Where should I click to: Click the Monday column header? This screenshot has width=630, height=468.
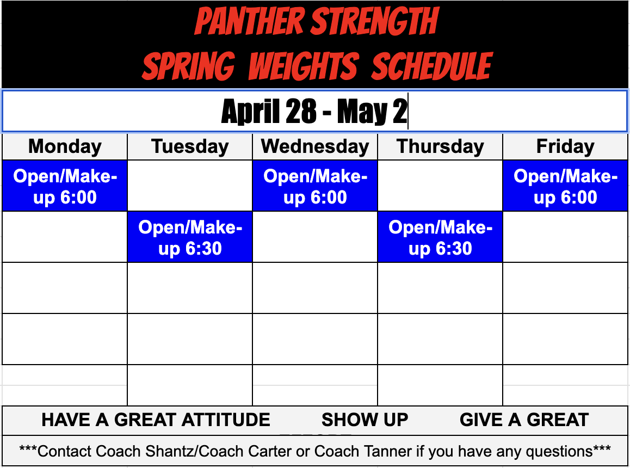65,146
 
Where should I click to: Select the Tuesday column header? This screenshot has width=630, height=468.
190,146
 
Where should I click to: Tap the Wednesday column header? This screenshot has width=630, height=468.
315,146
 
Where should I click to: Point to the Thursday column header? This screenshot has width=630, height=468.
440,146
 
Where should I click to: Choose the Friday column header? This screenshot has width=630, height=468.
565,146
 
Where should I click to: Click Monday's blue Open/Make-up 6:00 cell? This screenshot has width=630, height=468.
65,186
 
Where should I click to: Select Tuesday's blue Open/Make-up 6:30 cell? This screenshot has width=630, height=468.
190,237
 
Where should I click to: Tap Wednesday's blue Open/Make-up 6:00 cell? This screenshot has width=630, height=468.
315,186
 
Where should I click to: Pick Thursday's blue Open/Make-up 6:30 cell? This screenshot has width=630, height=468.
440,237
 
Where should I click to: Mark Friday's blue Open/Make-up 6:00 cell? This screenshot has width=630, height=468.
565,186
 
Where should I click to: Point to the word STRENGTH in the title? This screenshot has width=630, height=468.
374,22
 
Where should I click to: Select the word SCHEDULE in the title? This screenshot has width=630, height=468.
432,66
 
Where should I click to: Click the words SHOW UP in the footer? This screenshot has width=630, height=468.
365,420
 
